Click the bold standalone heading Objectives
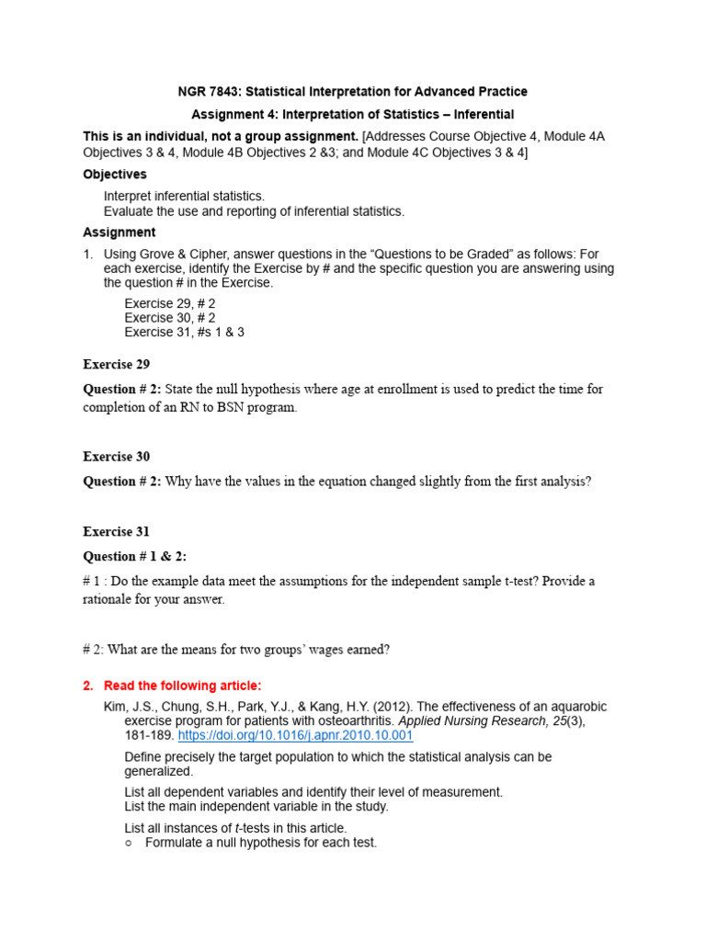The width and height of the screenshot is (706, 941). pos(114,174)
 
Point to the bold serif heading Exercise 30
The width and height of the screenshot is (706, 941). pos(116,457)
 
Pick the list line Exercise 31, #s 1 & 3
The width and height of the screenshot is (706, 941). pos(184,333)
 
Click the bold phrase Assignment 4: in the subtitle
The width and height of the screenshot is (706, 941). pos(233,115)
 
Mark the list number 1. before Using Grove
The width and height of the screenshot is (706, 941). pos(88,255)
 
